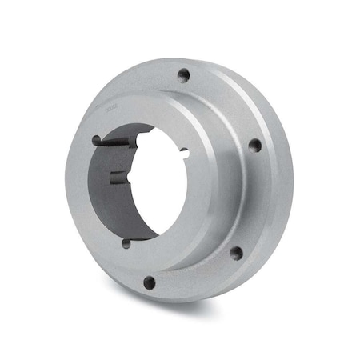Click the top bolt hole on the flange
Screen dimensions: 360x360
click(x=183, y=76)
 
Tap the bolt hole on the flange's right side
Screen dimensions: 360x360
click(x=254, y=146)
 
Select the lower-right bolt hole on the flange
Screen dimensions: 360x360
click(x=236, y=253)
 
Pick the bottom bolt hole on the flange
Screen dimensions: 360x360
click(x=150, y=282)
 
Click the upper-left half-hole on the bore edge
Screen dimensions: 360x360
click(x=97, y=141)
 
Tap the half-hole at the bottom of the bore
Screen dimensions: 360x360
click(x=126, y=243)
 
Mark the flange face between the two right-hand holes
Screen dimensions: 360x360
click(x=254, y=200)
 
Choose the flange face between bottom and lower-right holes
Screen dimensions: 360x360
click(x=196, y=276)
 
